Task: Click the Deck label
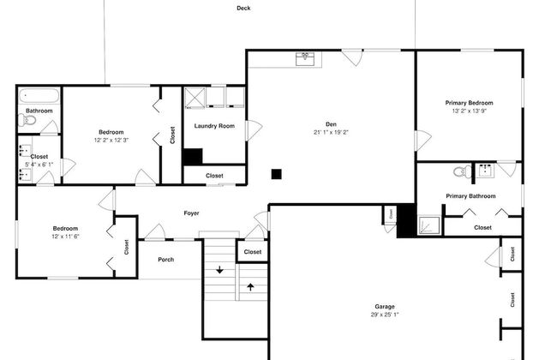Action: (243, 8)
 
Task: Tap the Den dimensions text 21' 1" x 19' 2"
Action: (331, 132)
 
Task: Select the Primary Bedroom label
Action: (469, 103)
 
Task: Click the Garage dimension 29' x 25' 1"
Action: (385, 315)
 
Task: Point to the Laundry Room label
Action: (214, 126)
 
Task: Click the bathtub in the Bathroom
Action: (39, 96)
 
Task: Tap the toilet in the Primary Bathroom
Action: (463, 172)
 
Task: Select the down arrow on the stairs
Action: (220, 270)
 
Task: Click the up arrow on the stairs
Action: (250, 287)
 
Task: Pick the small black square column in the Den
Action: (277, 174)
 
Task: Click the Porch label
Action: (166, 260)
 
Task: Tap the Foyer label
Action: (191, 213)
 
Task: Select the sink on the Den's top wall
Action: (305, 59)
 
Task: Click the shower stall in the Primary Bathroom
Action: (429, 225)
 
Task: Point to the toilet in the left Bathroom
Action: (27, 121)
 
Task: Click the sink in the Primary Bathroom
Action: (484, 171)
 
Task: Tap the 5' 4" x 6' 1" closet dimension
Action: (39, 165)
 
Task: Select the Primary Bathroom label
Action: (470, 196)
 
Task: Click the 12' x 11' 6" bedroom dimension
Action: (65, 237)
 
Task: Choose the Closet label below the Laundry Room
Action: (214, 176)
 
